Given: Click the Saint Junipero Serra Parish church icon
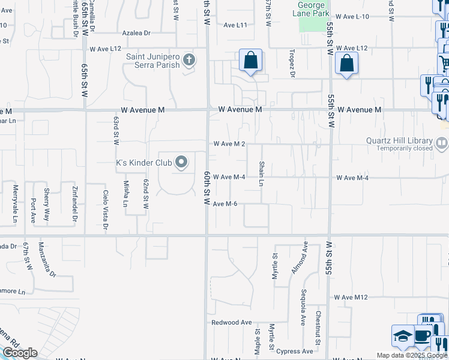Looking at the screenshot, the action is pyautogui.click(x=189, y=59).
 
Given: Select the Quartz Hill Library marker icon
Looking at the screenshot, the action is pyautogui.click(x=442, y=143).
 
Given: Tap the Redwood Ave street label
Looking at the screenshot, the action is pyautogui.click(x=232, y=322).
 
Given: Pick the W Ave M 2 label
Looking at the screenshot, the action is pyautogui.click(x=229, y=144).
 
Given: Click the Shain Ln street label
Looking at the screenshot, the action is pyautogui.click(x=261, y=174).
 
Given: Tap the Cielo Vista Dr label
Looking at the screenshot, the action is pyautogui.click(x=106, y=211).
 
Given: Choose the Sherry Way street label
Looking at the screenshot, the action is pyautogui.click(x=47, y=200).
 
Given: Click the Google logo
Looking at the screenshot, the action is pyautogui.click(x=20, y=353).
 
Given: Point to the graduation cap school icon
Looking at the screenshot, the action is pyautogui.click(x=402, y=336).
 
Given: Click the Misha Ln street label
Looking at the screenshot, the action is pyautogui.click(x=125, y=194).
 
